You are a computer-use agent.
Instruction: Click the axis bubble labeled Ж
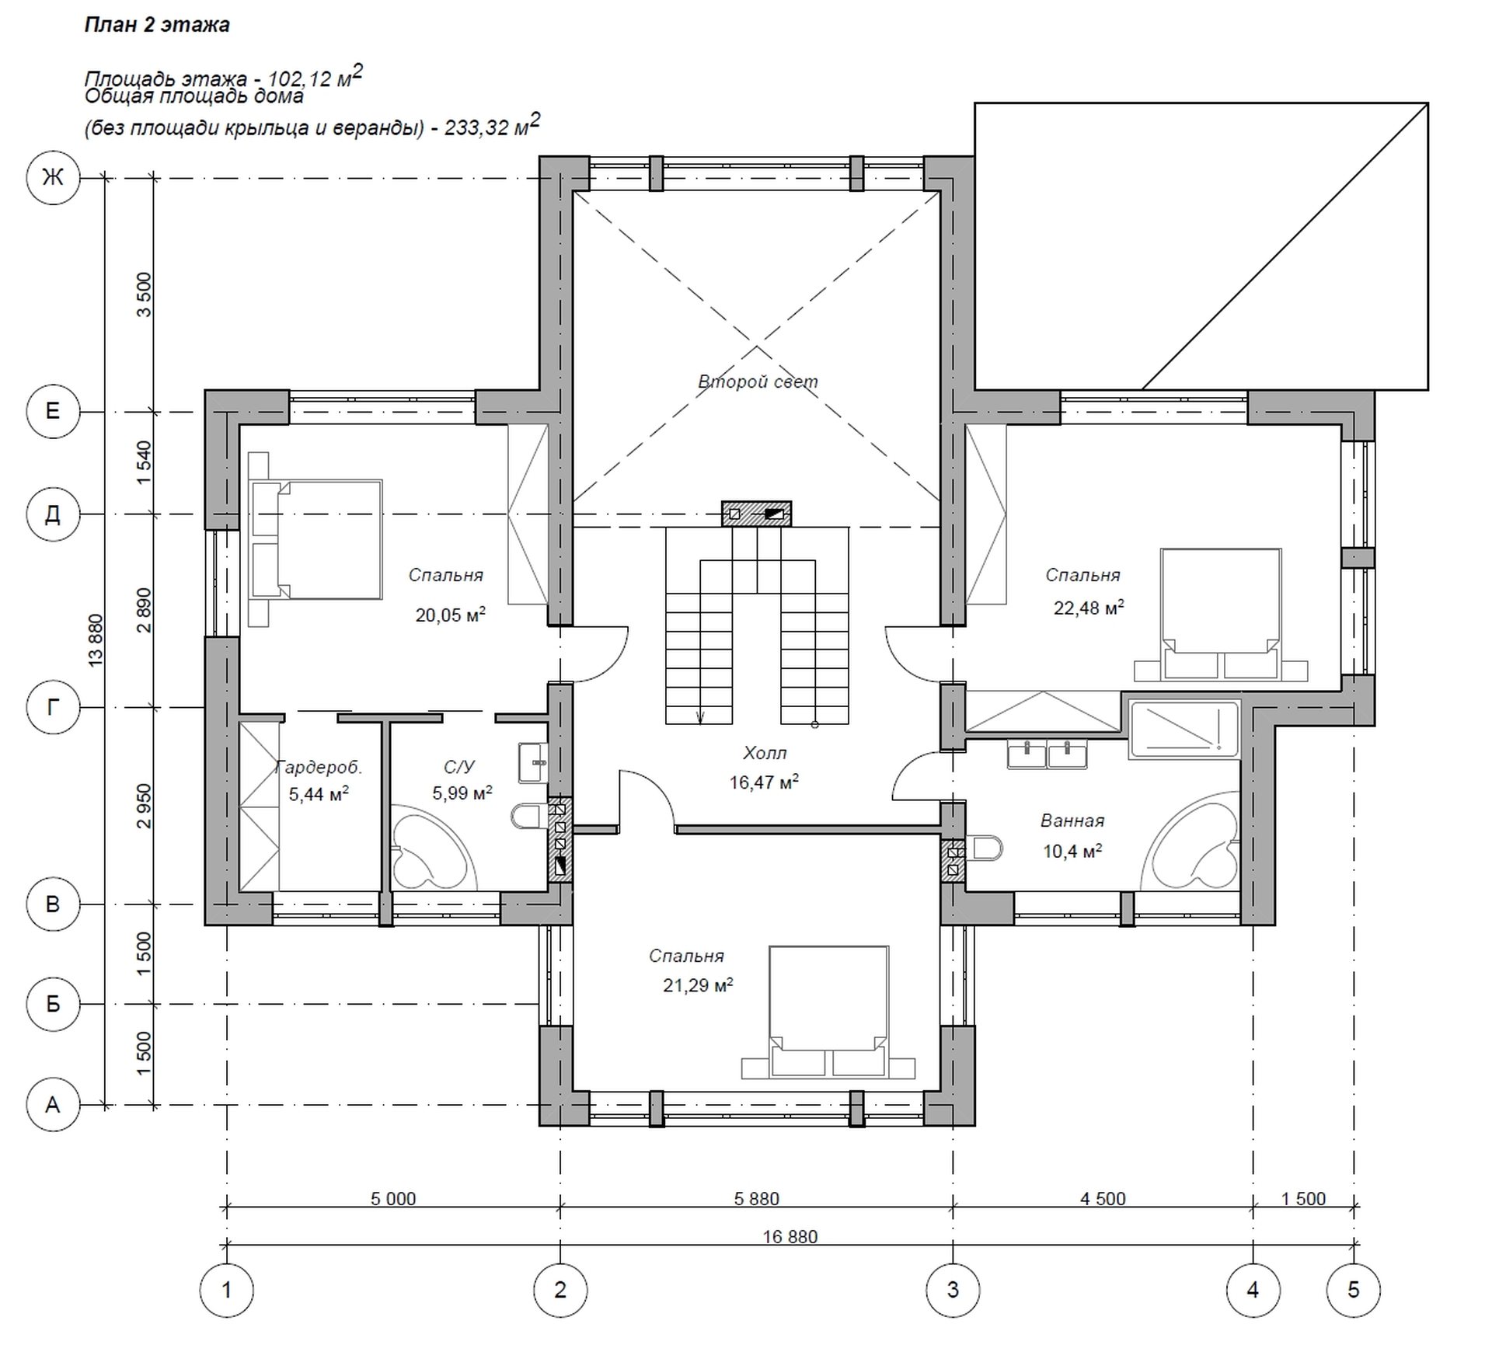53,178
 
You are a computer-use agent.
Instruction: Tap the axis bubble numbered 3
953,1291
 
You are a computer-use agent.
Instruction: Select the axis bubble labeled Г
53,707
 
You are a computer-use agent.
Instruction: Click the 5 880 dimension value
756,1199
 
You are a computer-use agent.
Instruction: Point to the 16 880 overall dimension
790,1236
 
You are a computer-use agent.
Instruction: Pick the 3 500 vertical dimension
145,294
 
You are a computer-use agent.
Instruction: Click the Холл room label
765,753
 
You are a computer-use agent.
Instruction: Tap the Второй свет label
758,382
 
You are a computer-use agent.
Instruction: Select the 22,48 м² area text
1088,608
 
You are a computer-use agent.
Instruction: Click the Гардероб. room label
319,768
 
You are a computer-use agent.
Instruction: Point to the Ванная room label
1072,821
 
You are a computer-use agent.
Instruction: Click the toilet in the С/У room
529,817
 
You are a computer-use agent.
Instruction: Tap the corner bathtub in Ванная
1194,841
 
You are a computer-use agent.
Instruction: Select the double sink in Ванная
1047,754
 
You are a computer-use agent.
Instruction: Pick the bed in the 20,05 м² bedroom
315,540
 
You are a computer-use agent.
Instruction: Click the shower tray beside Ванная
1183,729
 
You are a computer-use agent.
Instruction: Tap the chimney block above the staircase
756,514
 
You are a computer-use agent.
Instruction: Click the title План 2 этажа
157,25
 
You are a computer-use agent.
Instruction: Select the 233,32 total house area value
475,127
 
